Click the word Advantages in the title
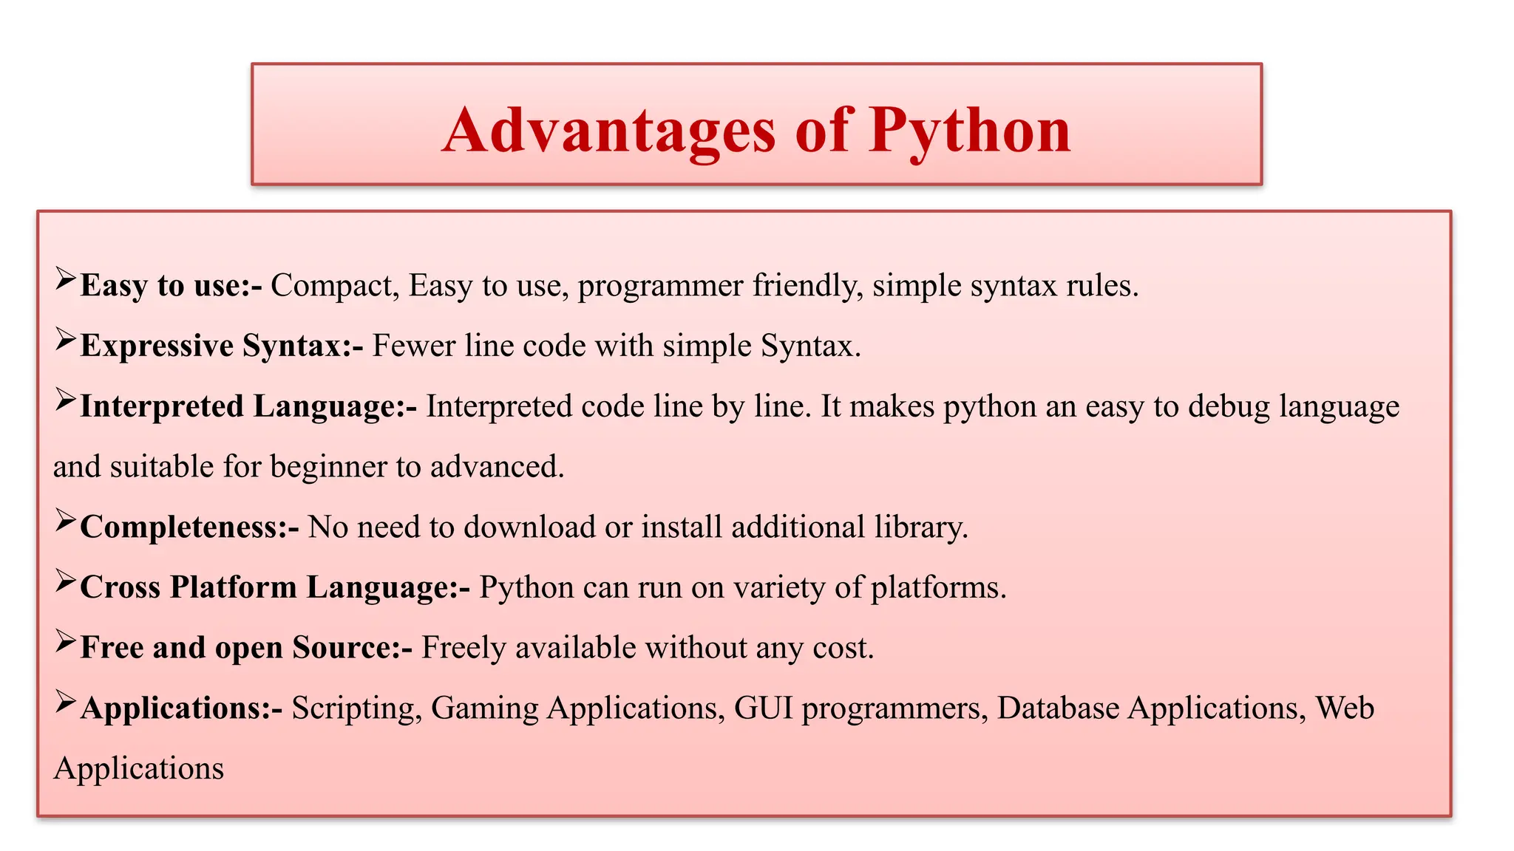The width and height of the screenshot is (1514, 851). coord(609,130)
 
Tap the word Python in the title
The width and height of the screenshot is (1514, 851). coord(969,130)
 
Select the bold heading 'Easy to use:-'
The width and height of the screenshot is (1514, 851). coord(171,286)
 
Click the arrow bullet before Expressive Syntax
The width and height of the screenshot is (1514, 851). coord(65,340)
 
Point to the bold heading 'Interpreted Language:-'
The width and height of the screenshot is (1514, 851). coord(248,406)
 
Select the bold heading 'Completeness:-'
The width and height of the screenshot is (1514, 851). coord(189,527)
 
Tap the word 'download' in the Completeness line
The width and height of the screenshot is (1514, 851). coord(529,527)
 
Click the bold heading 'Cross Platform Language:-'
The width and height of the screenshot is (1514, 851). coord(274,588)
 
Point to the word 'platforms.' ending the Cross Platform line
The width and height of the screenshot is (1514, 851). coord(938,588)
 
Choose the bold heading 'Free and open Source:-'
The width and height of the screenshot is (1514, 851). coord(246,648)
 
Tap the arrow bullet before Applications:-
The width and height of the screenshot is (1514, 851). coord(65,702)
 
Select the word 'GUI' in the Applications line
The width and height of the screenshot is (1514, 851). coord(763,708)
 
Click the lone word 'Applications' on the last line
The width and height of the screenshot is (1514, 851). coord(139,769)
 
